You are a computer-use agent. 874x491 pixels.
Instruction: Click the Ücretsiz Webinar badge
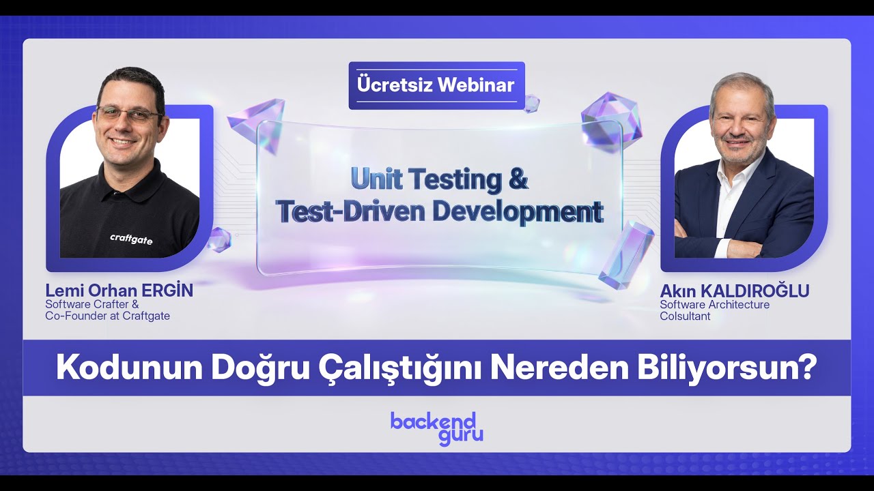point(436,85)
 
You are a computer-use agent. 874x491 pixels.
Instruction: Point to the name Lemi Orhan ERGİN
point(119,291)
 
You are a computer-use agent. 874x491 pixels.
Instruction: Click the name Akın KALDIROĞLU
point(734,291)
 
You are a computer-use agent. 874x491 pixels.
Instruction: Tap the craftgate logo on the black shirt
point(131,238)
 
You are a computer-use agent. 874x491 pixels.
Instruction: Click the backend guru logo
point(437,428)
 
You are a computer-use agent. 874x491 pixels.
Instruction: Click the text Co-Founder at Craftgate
point(107,316)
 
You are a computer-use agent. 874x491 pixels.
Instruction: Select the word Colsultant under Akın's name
point(685,316)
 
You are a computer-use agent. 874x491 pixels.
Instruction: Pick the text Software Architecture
point(714,305)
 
